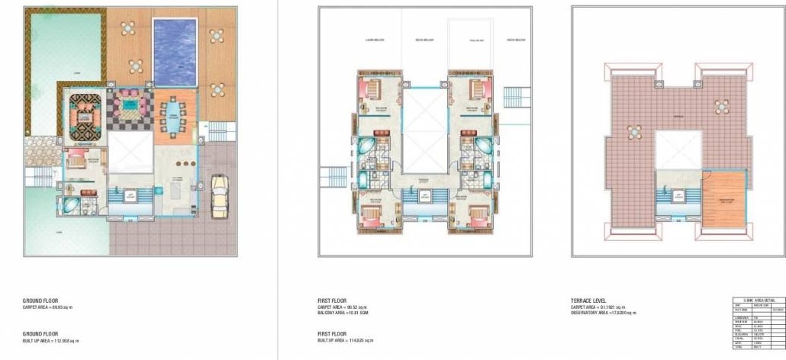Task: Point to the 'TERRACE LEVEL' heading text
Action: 586,301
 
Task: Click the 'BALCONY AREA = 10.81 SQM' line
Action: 343,313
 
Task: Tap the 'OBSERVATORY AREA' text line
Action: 603,313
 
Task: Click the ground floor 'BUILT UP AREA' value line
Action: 50,340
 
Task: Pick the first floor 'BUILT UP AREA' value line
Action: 345,340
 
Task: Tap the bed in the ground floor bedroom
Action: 77,161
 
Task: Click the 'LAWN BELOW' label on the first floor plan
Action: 375,40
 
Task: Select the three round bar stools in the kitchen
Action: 179,165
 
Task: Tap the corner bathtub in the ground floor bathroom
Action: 70,204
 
